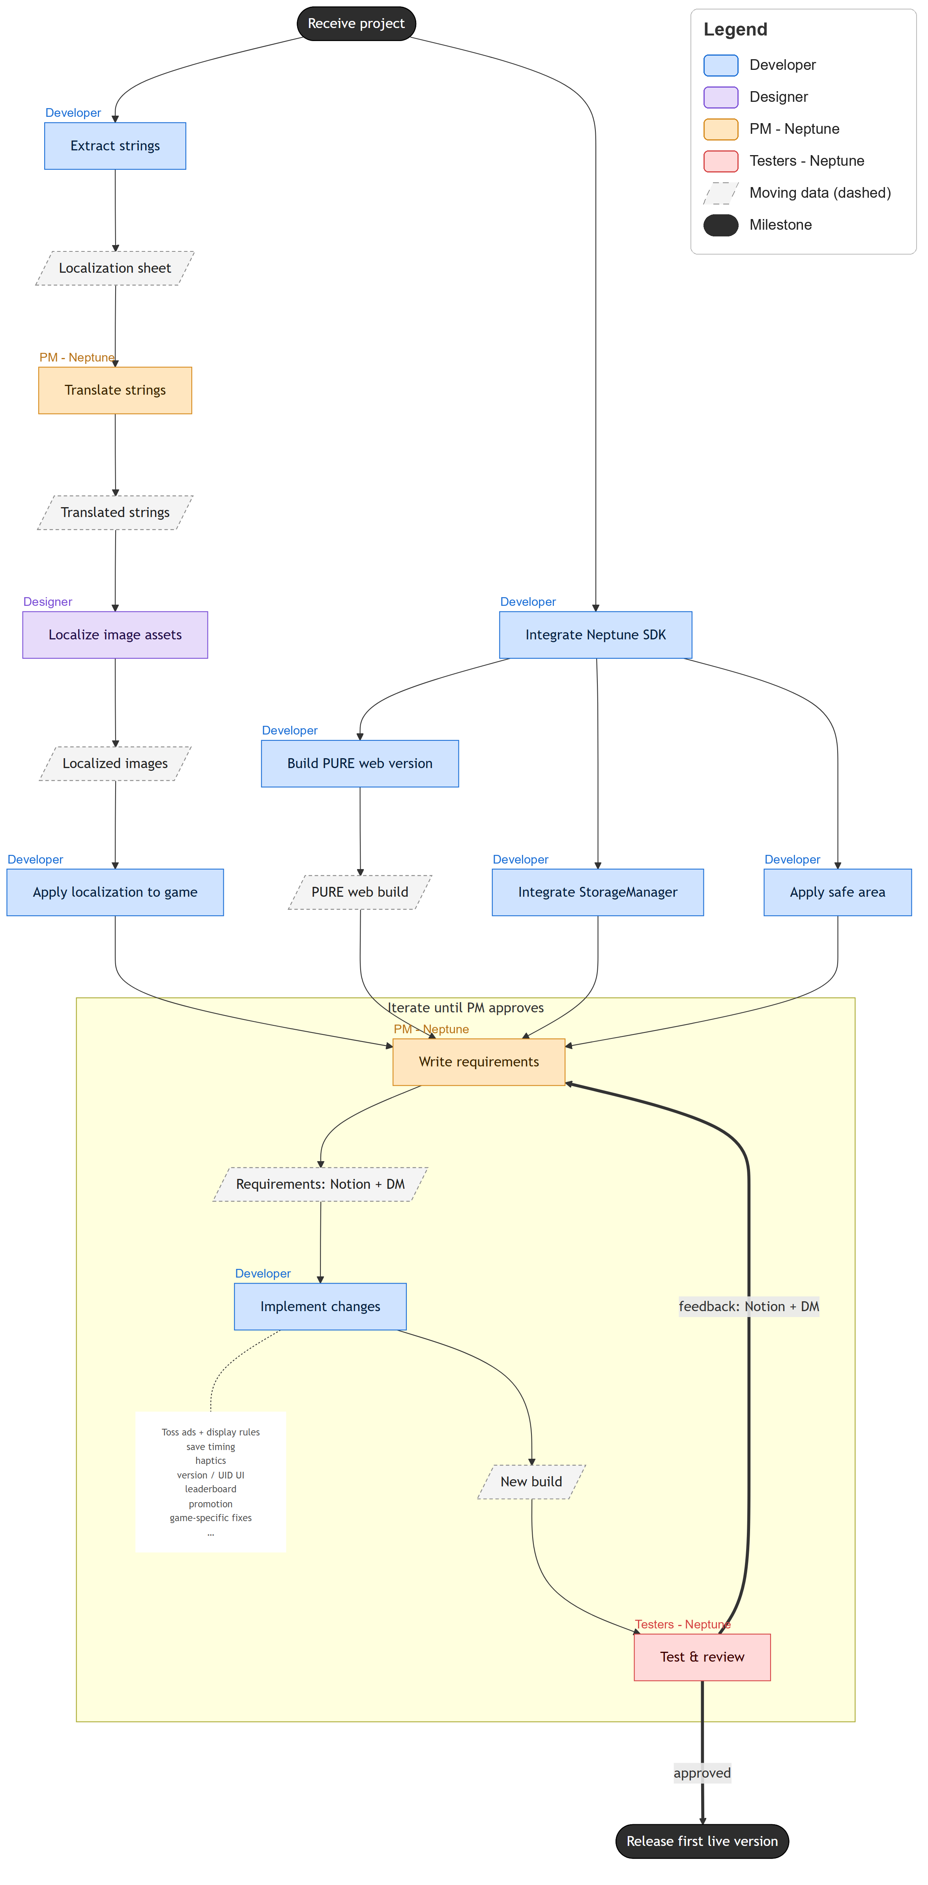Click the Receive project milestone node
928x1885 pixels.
coord(356,23)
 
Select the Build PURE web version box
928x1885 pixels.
coord(360,763)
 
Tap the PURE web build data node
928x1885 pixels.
coord(360,892)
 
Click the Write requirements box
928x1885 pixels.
coord(479,1062)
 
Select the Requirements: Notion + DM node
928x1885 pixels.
coord(320,1184)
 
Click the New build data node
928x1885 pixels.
coord(531,1481)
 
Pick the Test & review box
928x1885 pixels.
coord(702,1657)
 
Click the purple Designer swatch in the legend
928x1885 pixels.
coord(720,97)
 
